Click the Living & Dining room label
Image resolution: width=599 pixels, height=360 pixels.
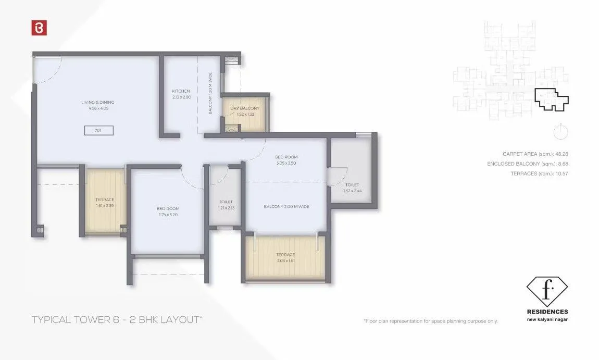[x=97, y=102]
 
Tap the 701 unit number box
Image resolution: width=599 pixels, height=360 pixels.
[x=98, y=130]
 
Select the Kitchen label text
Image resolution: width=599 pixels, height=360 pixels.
[x=182, y=91]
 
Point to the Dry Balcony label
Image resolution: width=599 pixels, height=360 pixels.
[x=244, y=108]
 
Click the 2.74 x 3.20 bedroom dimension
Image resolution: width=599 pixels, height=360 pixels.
[x=168, y=214]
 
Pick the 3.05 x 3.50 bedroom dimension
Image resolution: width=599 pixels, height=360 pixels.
[x=286, y=163]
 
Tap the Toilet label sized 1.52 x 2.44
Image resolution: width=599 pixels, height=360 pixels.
[x=352, y=185]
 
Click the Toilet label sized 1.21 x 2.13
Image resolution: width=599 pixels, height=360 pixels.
[x=226, y=202]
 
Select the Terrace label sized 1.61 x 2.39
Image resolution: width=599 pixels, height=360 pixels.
[x=104, y=200]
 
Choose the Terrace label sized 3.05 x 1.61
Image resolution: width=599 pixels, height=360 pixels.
[x=285, y=255]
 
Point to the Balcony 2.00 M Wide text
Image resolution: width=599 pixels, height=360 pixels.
[x=286, y=207]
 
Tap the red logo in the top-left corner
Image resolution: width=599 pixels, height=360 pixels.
[x=39, y=28]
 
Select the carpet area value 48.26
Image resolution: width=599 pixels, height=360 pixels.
[x=560, y=154]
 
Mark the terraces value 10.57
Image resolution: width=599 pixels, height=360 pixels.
[x=560, y=173]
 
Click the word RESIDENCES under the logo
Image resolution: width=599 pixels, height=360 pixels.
[x=547, y=312]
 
